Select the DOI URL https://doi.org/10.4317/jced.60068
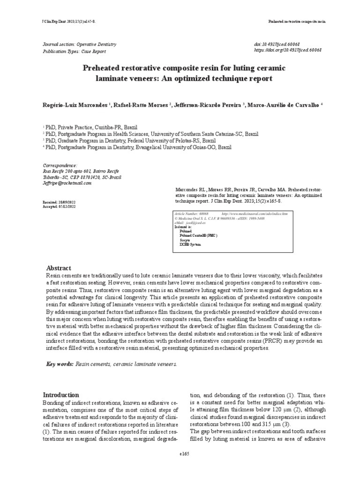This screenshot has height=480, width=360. coord(287,50)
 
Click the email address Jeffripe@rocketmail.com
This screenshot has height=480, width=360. coord(67,183)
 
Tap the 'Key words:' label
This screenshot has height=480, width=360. coord(60,364)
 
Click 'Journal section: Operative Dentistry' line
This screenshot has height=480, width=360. coord(80,44)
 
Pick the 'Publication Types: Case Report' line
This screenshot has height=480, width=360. coord(75,51)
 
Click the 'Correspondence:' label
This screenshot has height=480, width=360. coord(60,165)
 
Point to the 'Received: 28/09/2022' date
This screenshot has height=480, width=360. coord(59,201)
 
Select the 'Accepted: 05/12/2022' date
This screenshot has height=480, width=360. coord(59,206)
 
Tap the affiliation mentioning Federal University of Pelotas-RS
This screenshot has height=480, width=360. coord(130,140)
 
